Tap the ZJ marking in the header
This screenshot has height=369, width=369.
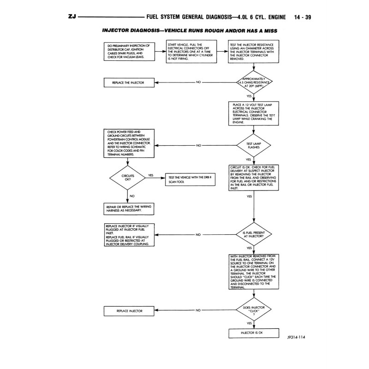72,18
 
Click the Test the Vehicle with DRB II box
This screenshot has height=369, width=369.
190,180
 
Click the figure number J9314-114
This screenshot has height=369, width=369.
295,338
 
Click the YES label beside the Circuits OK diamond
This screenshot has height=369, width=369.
151,175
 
